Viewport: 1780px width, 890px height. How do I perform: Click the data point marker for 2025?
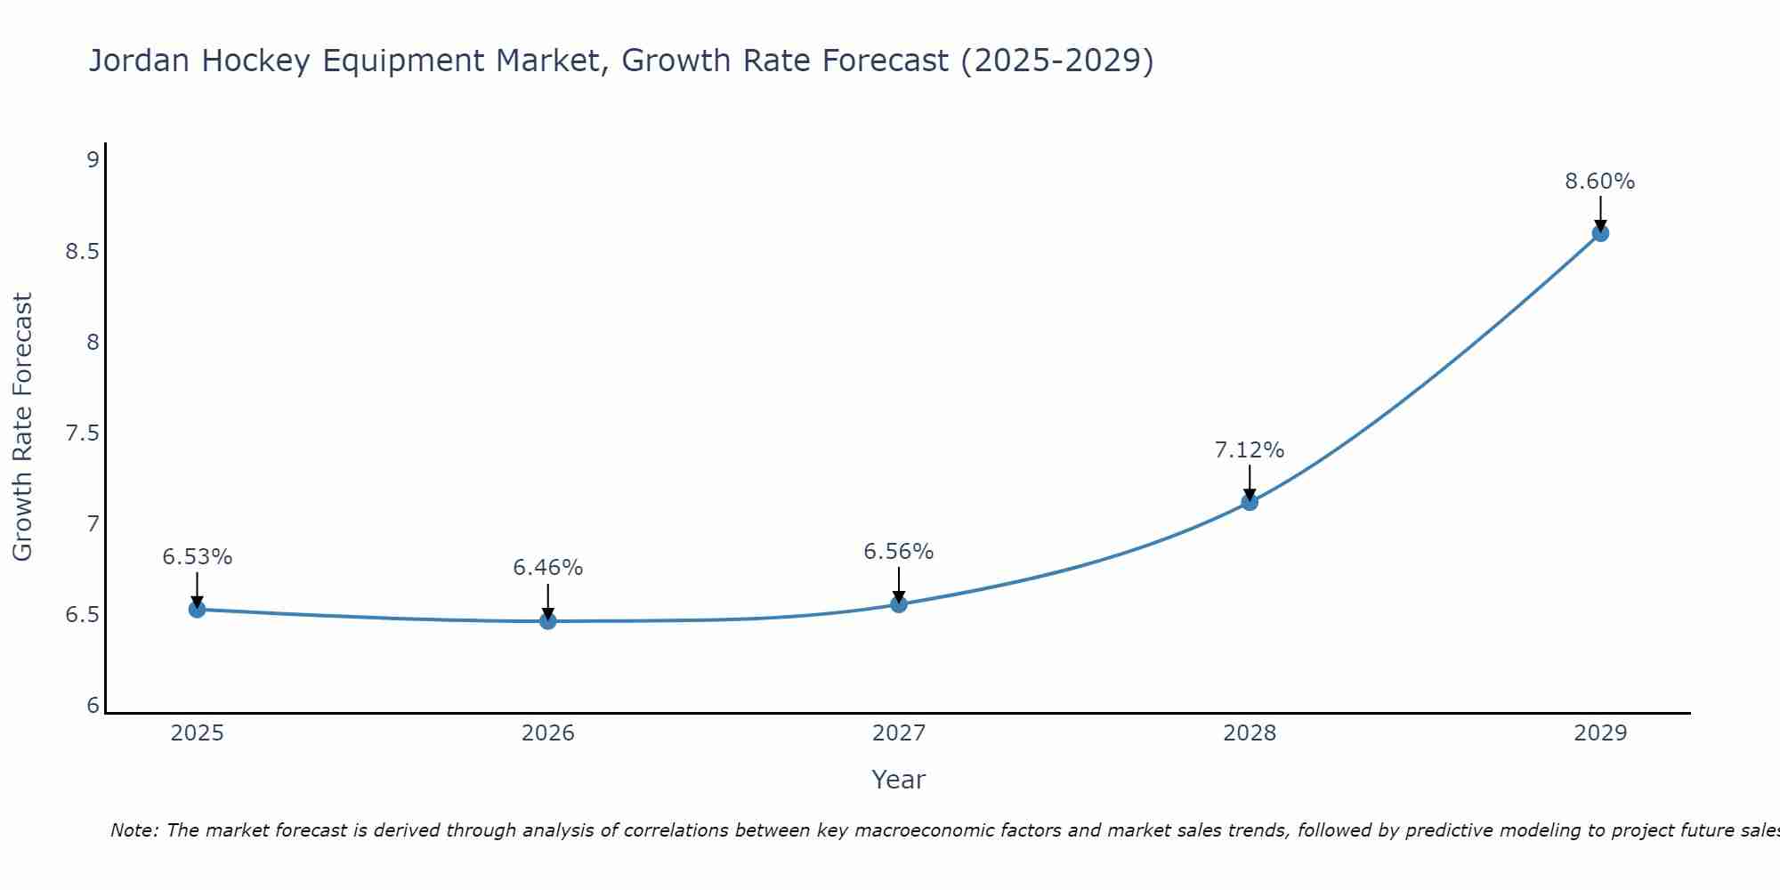pyautogui.click(x=197, y=610)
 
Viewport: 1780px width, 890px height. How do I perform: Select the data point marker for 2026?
pyautogui.click(x=547, y=621)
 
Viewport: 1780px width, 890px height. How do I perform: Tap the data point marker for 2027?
pyautogui.click(x=899, y=604)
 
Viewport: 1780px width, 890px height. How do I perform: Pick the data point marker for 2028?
pyautogui.click(x=1250, y=502)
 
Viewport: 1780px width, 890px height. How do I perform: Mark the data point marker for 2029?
pyautogui.click(x=1600, y=233)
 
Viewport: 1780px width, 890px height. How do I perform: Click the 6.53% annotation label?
pyautogui.click(x=197, y=557)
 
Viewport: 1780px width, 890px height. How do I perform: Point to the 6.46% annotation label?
pyautogui.click(x=547, y=568)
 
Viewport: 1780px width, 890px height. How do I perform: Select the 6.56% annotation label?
pyautogui.click(x=899, y=552)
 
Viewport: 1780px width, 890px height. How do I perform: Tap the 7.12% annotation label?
pyautogui.click(x=1250, y=450)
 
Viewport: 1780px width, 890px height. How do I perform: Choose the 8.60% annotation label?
pyautogui.click(x=1600, y=182)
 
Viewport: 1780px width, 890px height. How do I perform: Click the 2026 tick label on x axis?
pyautogui.click(x=547, y=733)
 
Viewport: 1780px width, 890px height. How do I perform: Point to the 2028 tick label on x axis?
pyautogui.click(x=1250, y=733)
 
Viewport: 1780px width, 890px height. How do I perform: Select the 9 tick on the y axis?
pyautogui.click(x=93, y=160)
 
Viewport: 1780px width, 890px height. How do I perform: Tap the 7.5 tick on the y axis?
pyautogui.click(x=82, y=433)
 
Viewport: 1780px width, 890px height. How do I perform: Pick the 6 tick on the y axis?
pyautogui.click(x=93, y=706)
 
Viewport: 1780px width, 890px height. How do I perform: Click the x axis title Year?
pyautogui.click(x=899, y=780)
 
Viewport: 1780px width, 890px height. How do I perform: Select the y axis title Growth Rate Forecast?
pyautogui.click(x=22, y=427)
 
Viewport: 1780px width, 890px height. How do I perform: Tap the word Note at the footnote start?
pyautogui.click(x=133, y=830)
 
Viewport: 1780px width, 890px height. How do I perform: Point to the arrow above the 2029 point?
pyautogui.click(x=1600, y=214)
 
